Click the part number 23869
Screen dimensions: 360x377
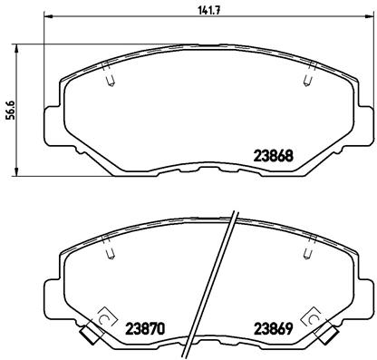[272, 328]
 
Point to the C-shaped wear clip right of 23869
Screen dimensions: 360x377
[314, 319]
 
